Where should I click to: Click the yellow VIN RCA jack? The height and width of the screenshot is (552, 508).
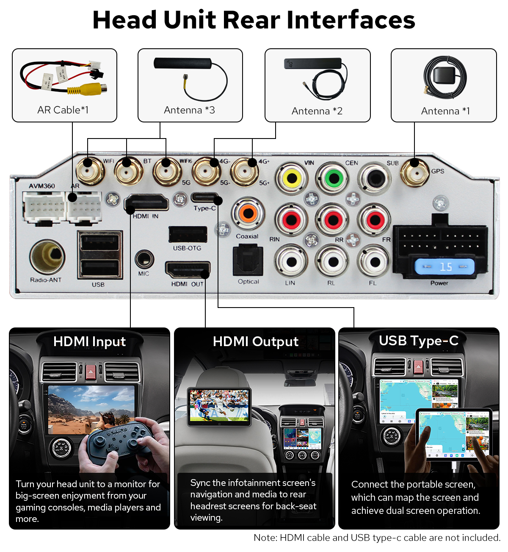(292, 178)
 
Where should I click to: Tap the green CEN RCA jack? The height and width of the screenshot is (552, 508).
(334, 178)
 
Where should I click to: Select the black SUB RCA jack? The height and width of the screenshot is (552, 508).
(375, 178)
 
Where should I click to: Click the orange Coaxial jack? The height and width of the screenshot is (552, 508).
(248, 213)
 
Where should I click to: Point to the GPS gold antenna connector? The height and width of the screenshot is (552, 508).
(414, 172)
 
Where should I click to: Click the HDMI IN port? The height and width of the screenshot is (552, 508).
(146, 202)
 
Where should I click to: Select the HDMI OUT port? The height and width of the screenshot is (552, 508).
(188, 269)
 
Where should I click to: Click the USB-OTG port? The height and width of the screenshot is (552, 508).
(188, 234)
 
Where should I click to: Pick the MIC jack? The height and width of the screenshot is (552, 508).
(144, 259)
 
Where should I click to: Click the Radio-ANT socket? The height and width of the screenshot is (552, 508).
(47, 257)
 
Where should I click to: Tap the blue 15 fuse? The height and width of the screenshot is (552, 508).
(444, 267)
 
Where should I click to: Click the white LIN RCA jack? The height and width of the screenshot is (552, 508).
(291, 262)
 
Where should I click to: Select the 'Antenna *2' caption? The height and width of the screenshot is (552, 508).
(317, 111)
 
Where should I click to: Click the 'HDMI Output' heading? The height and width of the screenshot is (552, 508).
(255, 341)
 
